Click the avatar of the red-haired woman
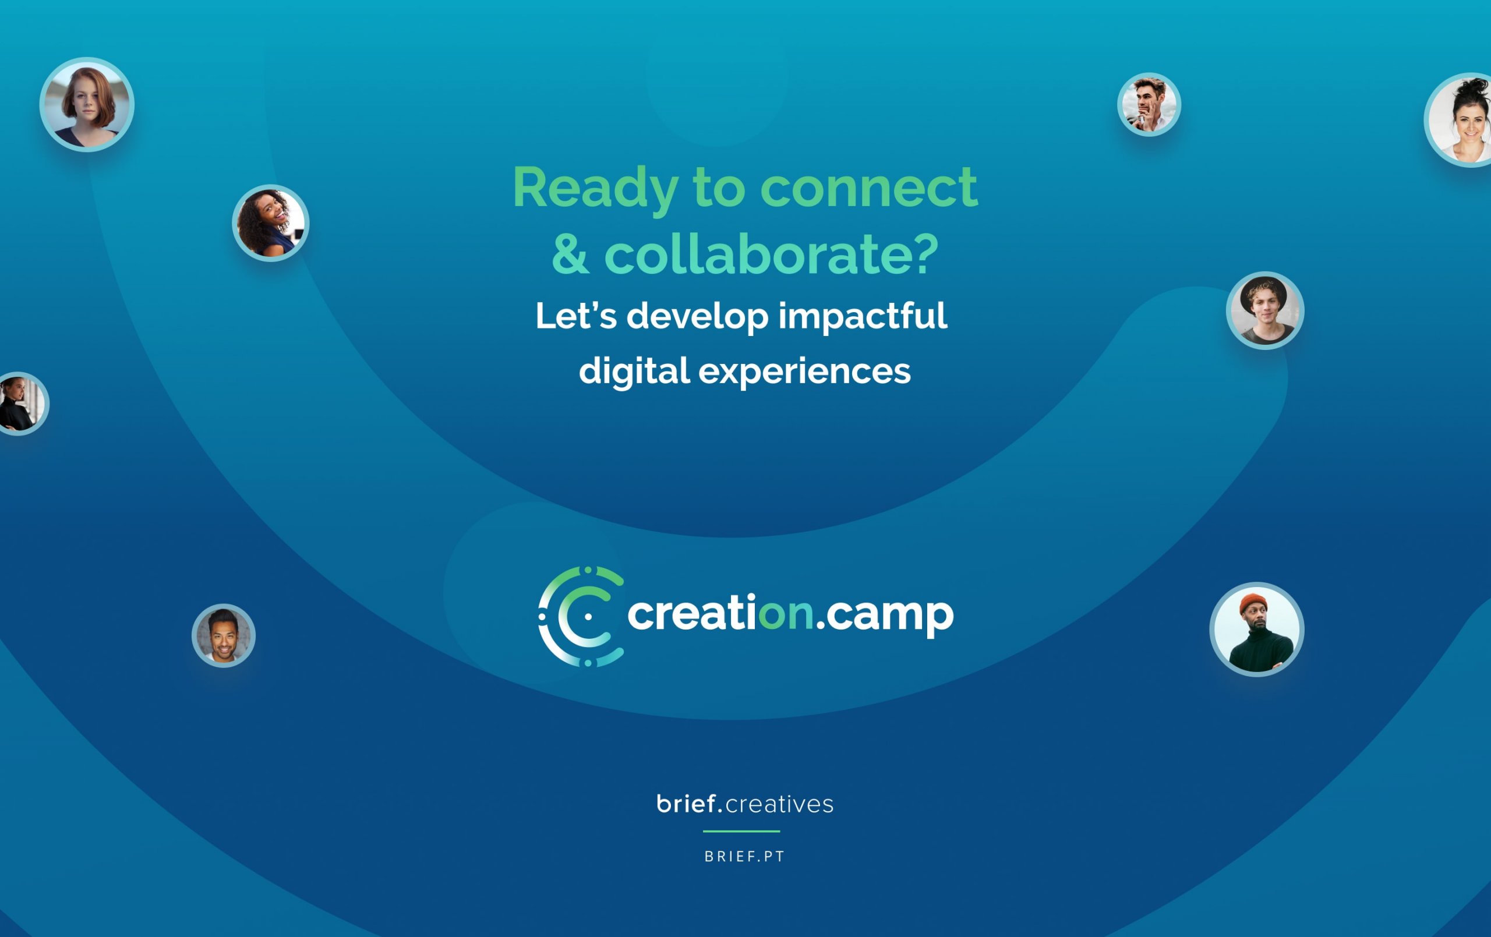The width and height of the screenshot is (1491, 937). [x=87, y=105]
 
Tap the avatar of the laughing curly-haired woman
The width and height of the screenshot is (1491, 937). [x=271, y=223]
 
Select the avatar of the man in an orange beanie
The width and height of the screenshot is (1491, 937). [x=1257, y=629]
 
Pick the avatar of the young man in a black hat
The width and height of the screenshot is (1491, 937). [x=1265, y=310]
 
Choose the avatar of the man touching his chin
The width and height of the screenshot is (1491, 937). [x=1149, y=105]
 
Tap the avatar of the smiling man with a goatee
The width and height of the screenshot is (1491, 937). [x=224, y=635]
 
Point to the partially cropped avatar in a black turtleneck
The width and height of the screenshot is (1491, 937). [x=22, y=404]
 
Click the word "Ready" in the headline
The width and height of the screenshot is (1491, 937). [x=595, y=188]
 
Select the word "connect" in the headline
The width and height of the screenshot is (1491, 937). [x=869, y=188]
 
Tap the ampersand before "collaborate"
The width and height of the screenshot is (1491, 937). [x=570, y=254]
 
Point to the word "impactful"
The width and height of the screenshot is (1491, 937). [x=863, y=317]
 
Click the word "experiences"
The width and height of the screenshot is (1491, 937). [x=805, y=372]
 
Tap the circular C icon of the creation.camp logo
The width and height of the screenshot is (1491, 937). [x=581, y=616]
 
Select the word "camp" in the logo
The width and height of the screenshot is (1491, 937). [x=890, y=616]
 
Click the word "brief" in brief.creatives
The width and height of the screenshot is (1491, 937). [x=686, y=803]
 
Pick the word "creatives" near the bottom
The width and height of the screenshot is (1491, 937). [x=779, y=804]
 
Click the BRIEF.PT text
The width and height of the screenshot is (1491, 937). [x=745, y=857]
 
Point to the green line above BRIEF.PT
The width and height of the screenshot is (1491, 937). [x=741, y=831]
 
